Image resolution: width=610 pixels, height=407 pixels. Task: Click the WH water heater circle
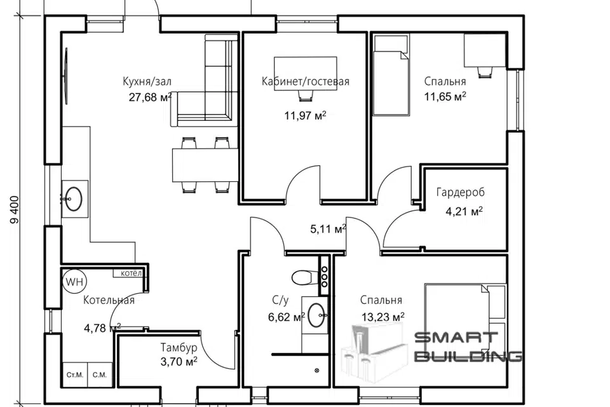(x=74, y=281)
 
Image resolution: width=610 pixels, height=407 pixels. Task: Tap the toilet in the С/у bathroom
(x=304, y=278)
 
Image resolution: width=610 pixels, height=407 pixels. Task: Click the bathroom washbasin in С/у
(x=318, y=315)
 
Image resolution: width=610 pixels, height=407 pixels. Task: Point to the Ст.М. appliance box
(x=75, y=375)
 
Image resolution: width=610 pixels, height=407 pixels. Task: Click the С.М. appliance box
(x=100, y=375)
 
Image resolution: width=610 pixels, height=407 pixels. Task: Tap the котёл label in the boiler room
(x=131, y=273)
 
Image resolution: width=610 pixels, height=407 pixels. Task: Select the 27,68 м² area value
(x=150, y=97)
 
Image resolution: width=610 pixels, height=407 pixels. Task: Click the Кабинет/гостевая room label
(x=306, y=81)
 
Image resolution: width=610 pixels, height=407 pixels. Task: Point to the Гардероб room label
(x=461, y=193)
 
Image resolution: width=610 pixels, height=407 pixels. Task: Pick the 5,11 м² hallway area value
(x=329, y=228)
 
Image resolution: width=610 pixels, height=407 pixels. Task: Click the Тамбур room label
(x=179, y=347)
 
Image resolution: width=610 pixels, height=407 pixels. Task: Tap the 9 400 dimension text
(x=15, y=209)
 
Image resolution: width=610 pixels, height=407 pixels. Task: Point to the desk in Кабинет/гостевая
(x=306, y=74)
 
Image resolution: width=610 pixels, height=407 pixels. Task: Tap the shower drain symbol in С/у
(x=317, y=370)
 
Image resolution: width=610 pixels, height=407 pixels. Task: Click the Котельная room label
(x=109, y=300)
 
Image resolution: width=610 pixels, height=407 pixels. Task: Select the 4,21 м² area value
(x=464, y=212)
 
